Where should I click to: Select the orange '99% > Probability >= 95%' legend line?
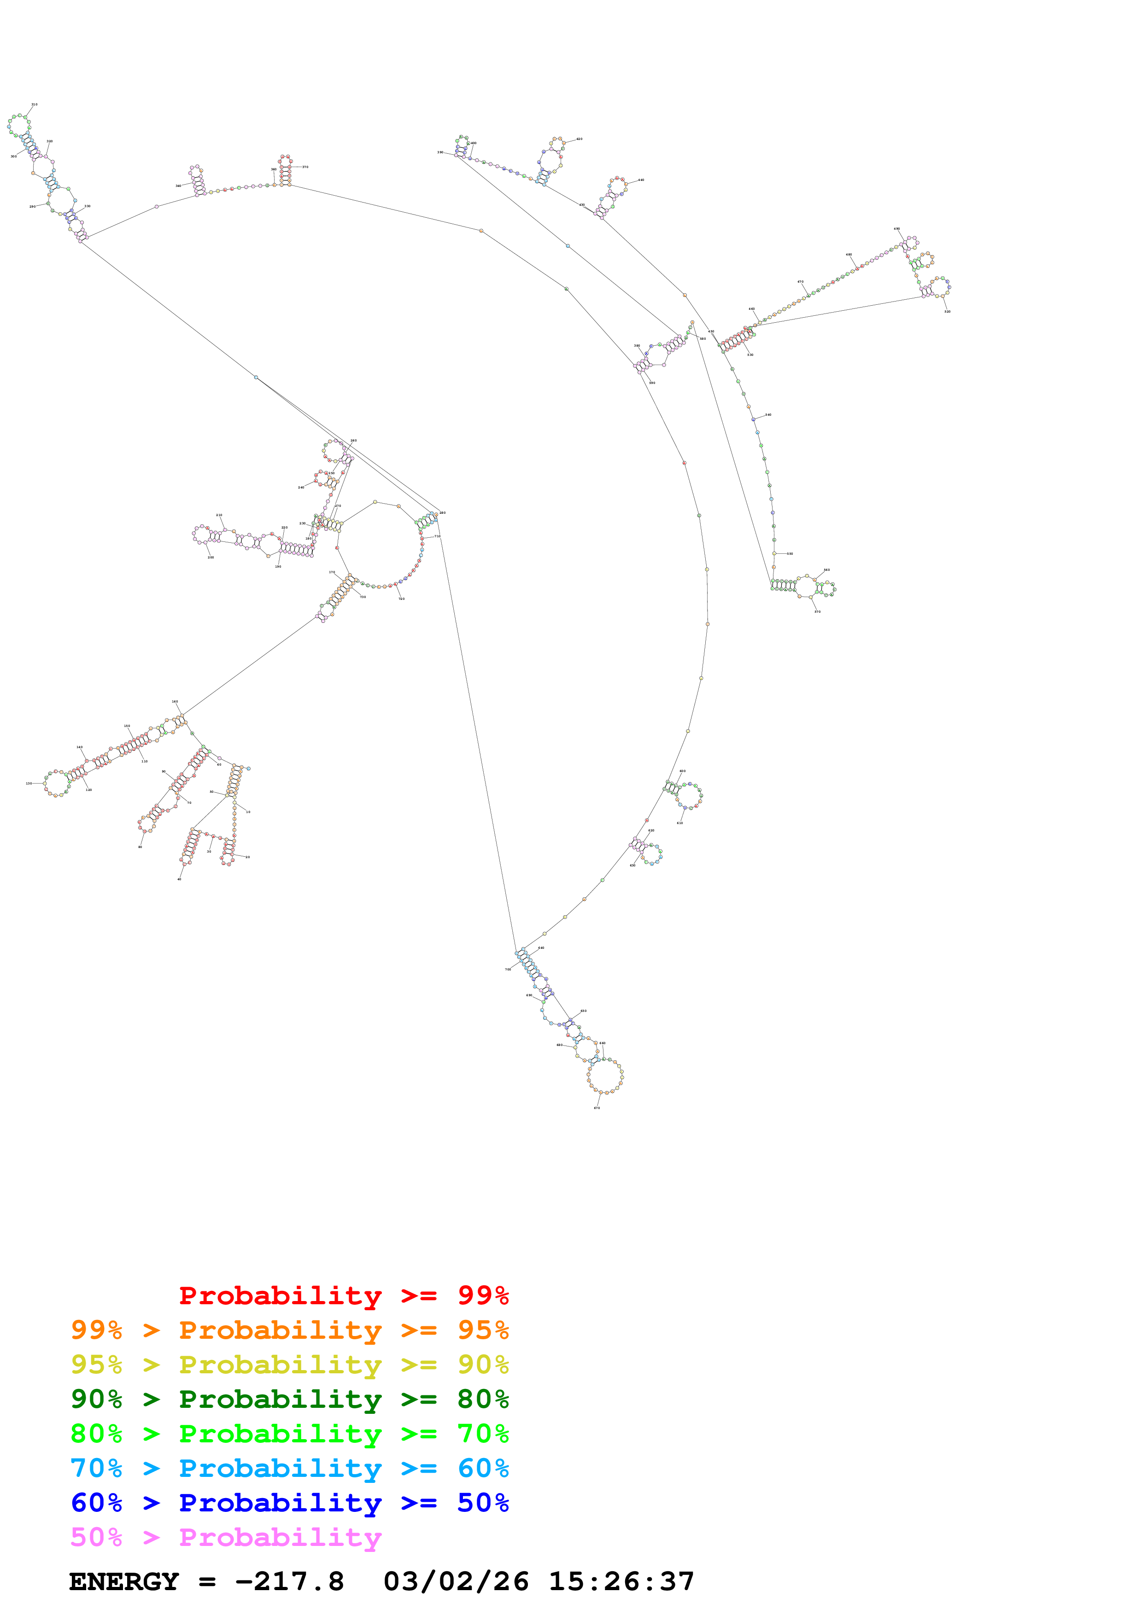[289, 1330]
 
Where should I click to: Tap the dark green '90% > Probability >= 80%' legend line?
[289, 1399]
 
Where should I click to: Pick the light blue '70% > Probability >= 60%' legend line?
[289, 1468]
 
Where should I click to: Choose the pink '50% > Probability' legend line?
[225, 1537]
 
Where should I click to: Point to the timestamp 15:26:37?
[621, 1581]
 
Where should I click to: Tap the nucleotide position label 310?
[35, 104]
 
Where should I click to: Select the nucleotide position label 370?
[305, 167]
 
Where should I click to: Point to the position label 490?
[896, 229]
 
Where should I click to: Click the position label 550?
[790, 553]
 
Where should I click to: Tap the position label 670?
[597, 1108]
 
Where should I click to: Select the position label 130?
[29, 783]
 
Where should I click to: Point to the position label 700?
[508, 969]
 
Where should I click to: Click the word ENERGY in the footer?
[124, 1581]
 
